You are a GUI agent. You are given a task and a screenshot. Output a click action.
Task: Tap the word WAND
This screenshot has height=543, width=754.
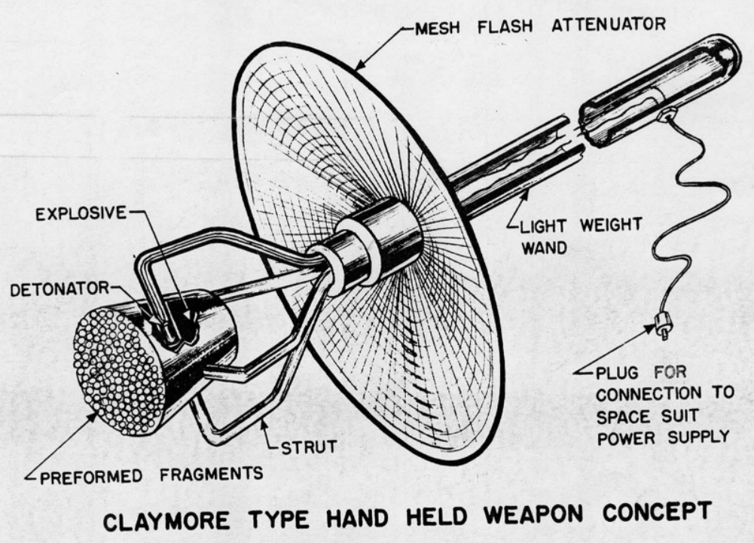click(x=541, y=248)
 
